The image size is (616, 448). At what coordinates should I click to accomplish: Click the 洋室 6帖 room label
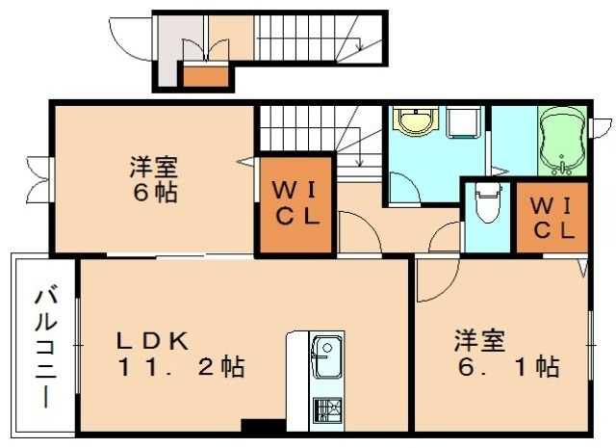tap(154, 179)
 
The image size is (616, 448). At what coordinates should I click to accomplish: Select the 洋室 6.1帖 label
tap(506, 354)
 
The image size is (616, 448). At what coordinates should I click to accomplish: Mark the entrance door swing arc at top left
tap(126, 37)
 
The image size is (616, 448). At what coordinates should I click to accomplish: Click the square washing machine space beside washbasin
tap(465, 123)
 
